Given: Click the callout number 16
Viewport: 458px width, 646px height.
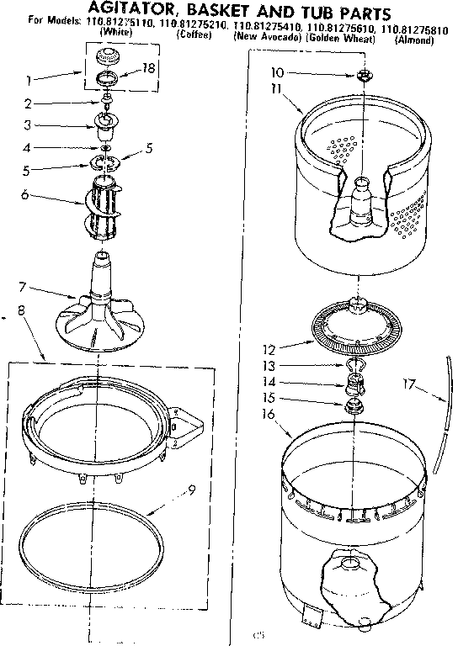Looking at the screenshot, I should [269, 414].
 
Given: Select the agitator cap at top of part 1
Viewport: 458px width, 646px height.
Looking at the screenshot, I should [106, 57].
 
